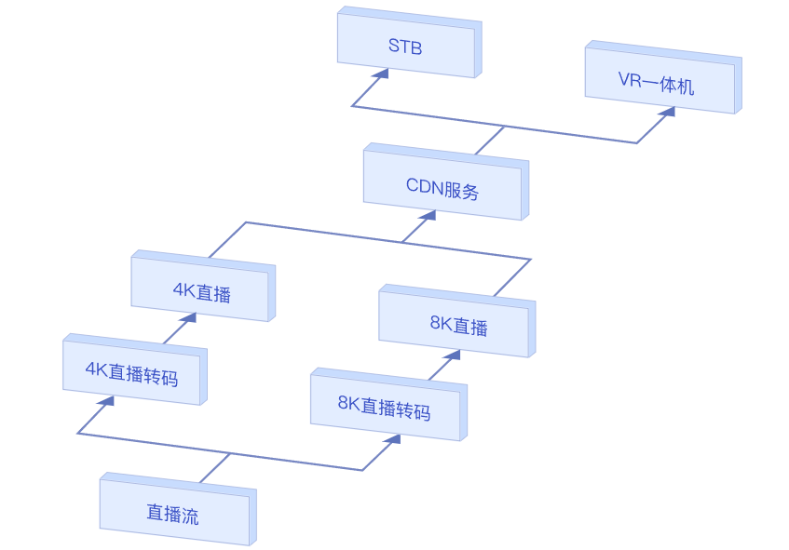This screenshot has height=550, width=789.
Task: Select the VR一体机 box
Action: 662,77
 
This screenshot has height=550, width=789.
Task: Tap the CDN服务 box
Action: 446,182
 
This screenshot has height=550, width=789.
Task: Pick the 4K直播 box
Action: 203,286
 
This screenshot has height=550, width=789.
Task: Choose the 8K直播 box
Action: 456,321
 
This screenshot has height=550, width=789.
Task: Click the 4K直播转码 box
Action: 135,369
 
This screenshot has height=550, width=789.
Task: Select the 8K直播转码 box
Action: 388,405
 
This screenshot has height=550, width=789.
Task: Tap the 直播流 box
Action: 178,509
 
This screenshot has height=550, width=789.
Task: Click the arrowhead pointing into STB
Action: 383,74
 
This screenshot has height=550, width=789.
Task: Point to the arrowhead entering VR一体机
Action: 668,112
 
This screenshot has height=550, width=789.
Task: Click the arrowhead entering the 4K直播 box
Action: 189,318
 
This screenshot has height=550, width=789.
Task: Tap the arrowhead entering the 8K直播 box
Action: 453,355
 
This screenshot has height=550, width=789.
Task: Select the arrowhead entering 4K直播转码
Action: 107,402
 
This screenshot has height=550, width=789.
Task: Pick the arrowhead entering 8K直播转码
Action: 393,440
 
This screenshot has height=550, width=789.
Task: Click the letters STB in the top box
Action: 405,47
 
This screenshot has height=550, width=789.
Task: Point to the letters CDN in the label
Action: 424,186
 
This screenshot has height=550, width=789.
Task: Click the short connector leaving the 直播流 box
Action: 215,468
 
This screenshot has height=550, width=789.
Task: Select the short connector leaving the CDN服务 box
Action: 490,141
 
